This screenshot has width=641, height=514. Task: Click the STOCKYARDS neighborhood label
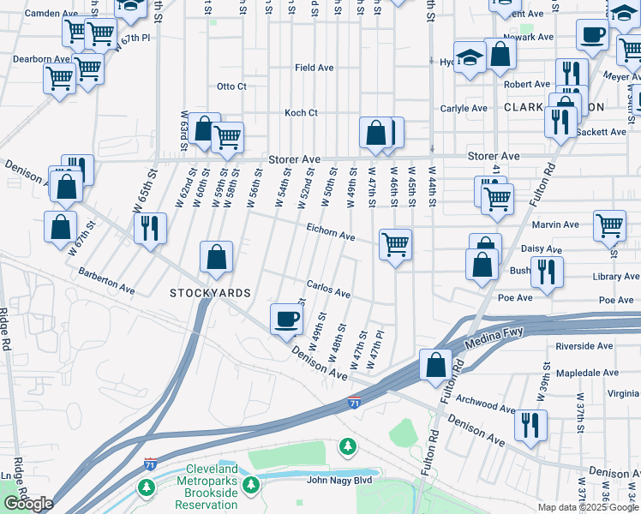coord(210,293)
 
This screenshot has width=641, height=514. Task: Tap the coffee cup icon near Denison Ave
coord(287,319)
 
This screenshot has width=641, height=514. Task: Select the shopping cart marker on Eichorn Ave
coord(395,244)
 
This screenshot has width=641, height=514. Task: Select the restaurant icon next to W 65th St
coord(150,228)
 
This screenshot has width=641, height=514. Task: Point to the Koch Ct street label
coord(302,113)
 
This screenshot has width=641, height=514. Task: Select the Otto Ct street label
coord(231,87)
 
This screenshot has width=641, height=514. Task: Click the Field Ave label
coord(314,68)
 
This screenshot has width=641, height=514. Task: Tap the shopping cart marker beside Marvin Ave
coord(609,225)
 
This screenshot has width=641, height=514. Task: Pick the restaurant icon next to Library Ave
coord(546,271)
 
